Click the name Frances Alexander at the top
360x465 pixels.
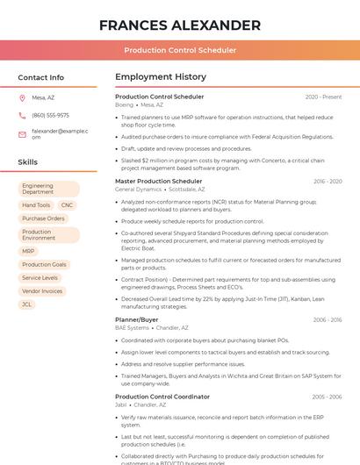coord(180,25)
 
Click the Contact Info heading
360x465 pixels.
coord(41,77)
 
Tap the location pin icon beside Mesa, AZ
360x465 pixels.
coord(22,98)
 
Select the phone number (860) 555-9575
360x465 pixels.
coord(50,115)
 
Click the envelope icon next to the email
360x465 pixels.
coord(22,134)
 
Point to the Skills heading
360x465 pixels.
coord(28,162)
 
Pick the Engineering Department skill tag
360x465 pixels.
coord(48,189)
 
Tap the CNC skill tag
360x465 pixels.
coord(67,205)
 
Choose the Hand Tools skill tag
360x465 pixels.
coord(37,205)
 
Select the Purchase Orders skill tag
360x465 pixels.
coord(44,218)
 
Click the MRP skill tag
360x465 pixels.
coord(28,251)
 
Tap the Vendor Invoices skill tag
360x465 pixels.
coord(42,290)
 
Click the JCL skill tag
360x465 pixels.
coord(27,304)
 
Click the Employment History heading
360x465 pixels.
coord(161,77)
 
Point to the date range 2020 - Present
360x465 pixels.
coord(323,97)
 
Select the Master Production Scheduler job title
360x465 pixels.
coord(158,182)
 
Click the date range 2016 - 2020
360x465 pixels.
coord(328,182)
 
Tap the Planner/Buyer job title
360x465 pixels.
coord(137,320)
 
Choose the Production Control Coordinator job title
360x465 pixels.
coord(162,397)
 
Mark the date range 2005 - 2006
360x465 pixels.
coord(327,397)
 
